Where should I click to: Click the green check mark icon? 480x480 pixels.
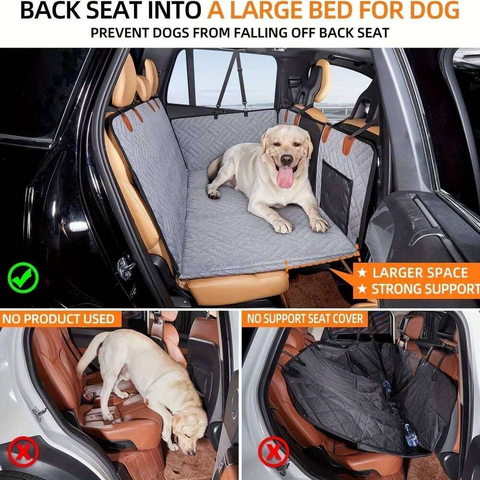(23, 277)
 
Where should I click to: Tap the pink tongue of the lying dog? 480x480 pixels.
(285, 177)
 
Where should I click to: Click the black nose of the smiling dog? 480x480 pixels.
(287, 159)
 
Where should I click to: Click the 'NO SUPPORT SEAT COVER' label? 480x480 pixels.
(304, 319)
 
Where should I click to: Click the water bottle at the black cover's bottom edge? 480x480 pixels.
(411, 434)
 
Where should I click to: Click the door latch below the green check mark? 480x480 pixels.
(126, 267)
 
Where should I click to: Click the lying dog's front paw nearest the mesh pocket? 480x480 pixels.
(319, 224)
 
